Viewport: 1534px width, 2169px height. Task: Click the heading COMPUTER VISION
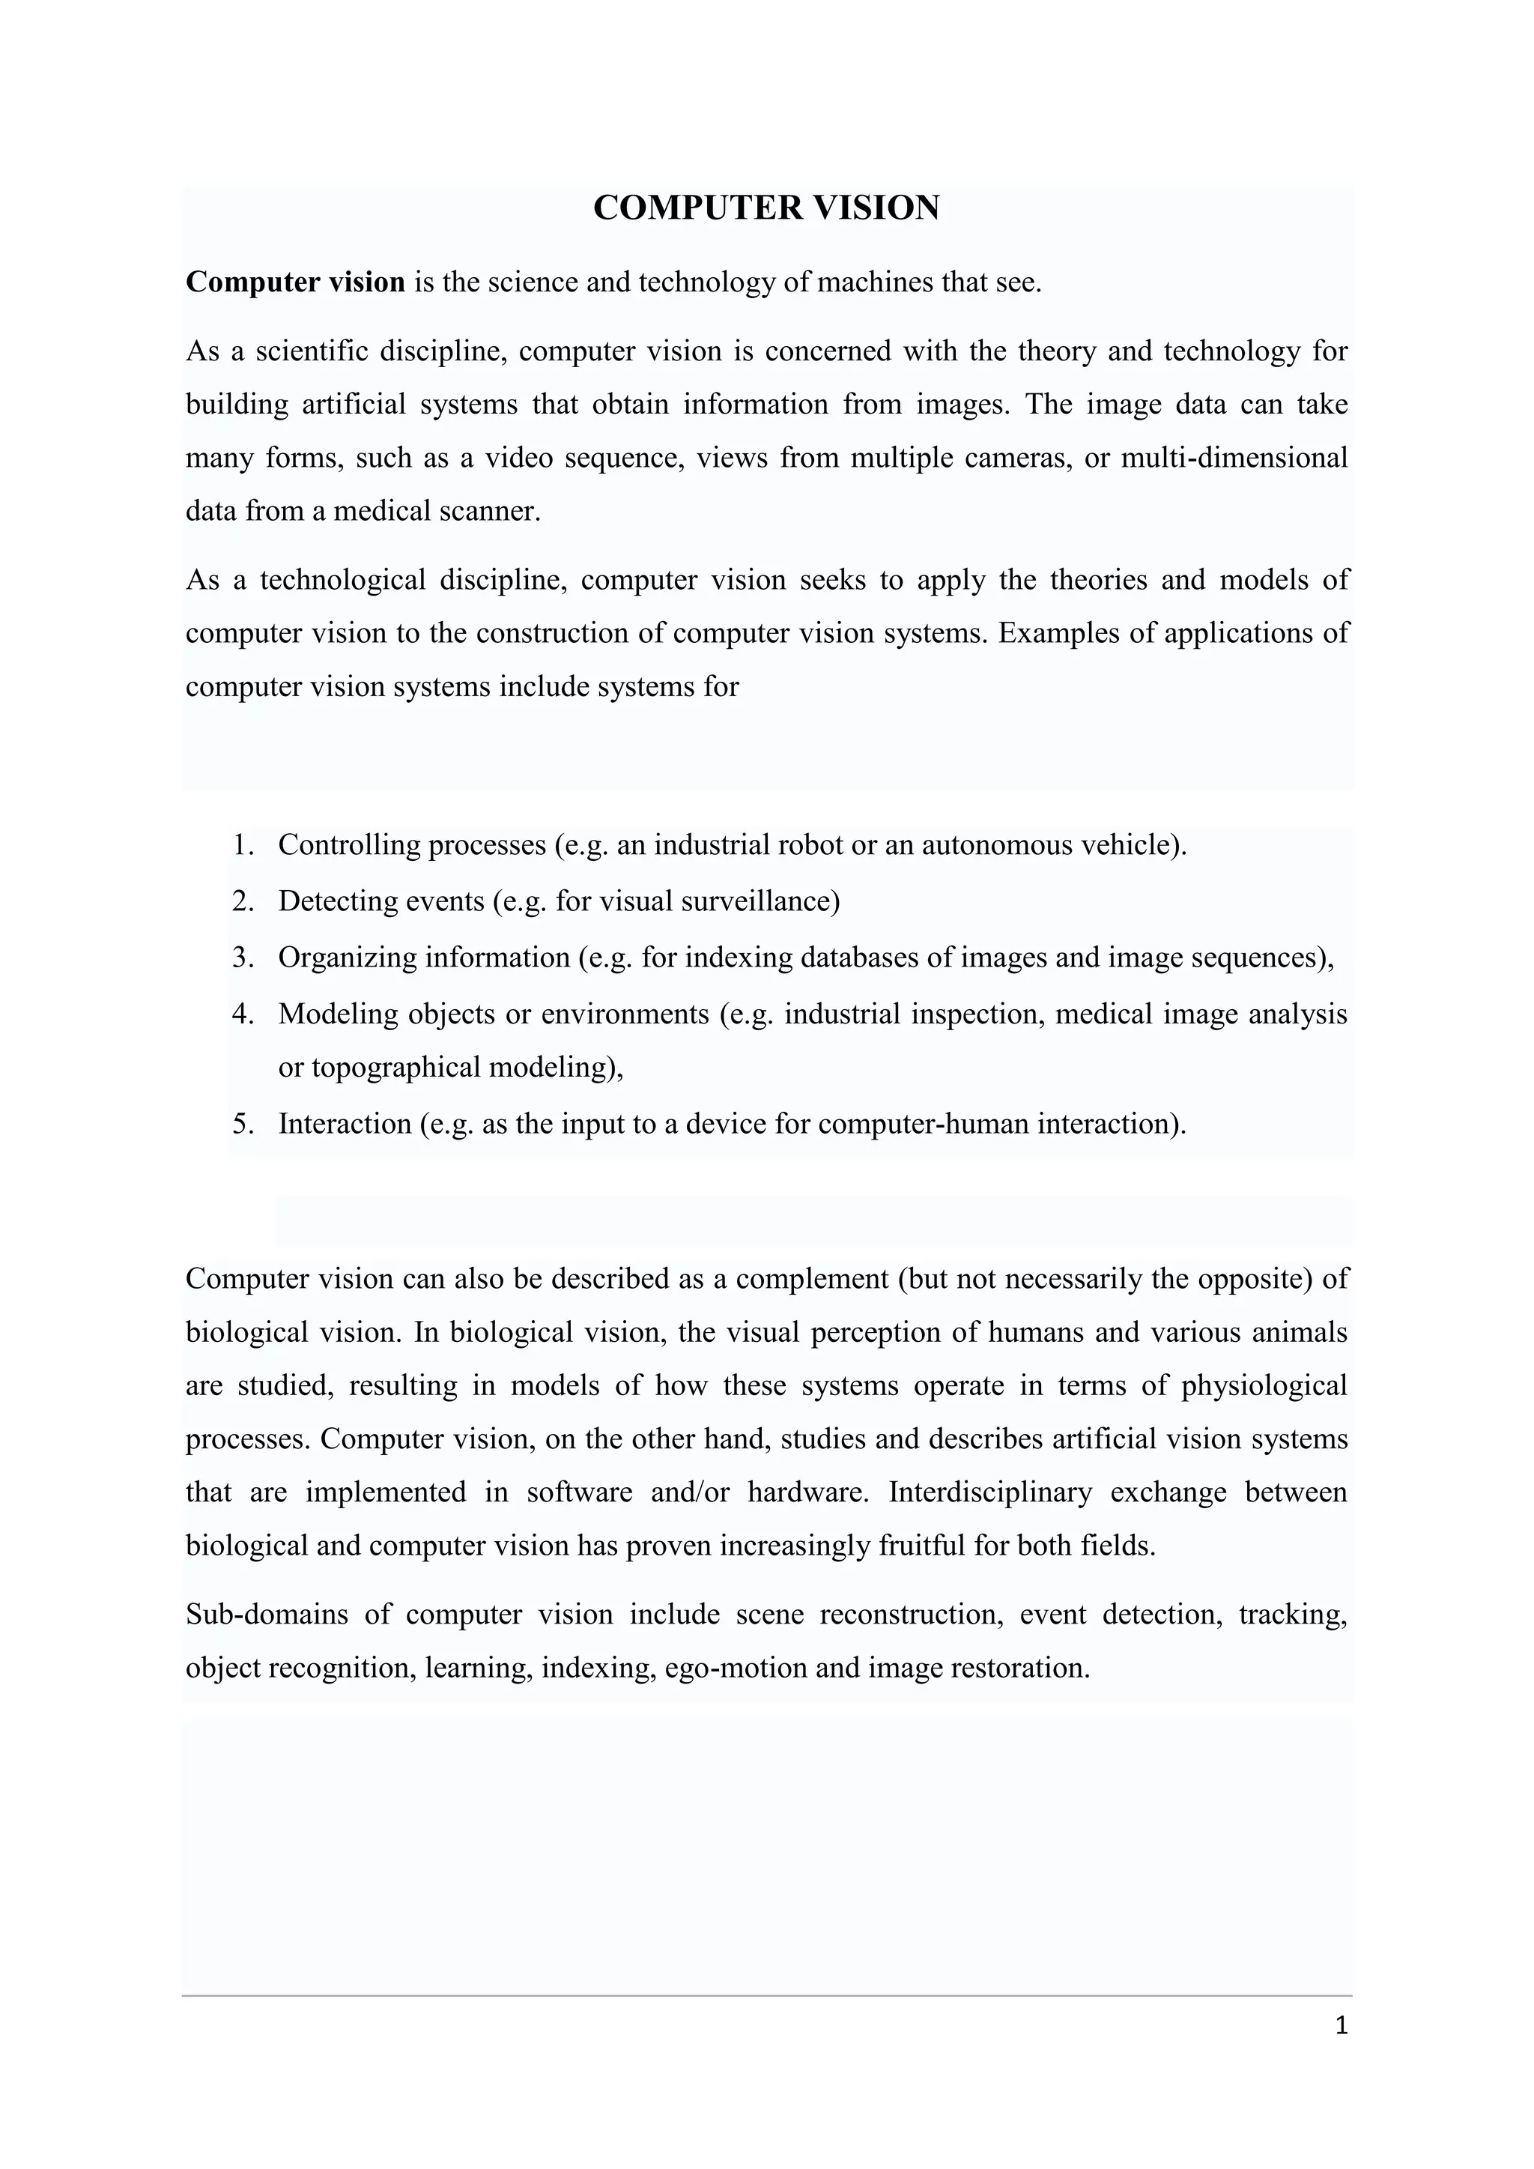point(766,208)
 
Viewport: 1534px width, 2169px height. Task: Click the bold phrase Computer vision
point(294,282)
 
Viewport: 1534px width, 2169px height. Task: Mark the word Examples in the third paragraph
point(1057,633)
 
